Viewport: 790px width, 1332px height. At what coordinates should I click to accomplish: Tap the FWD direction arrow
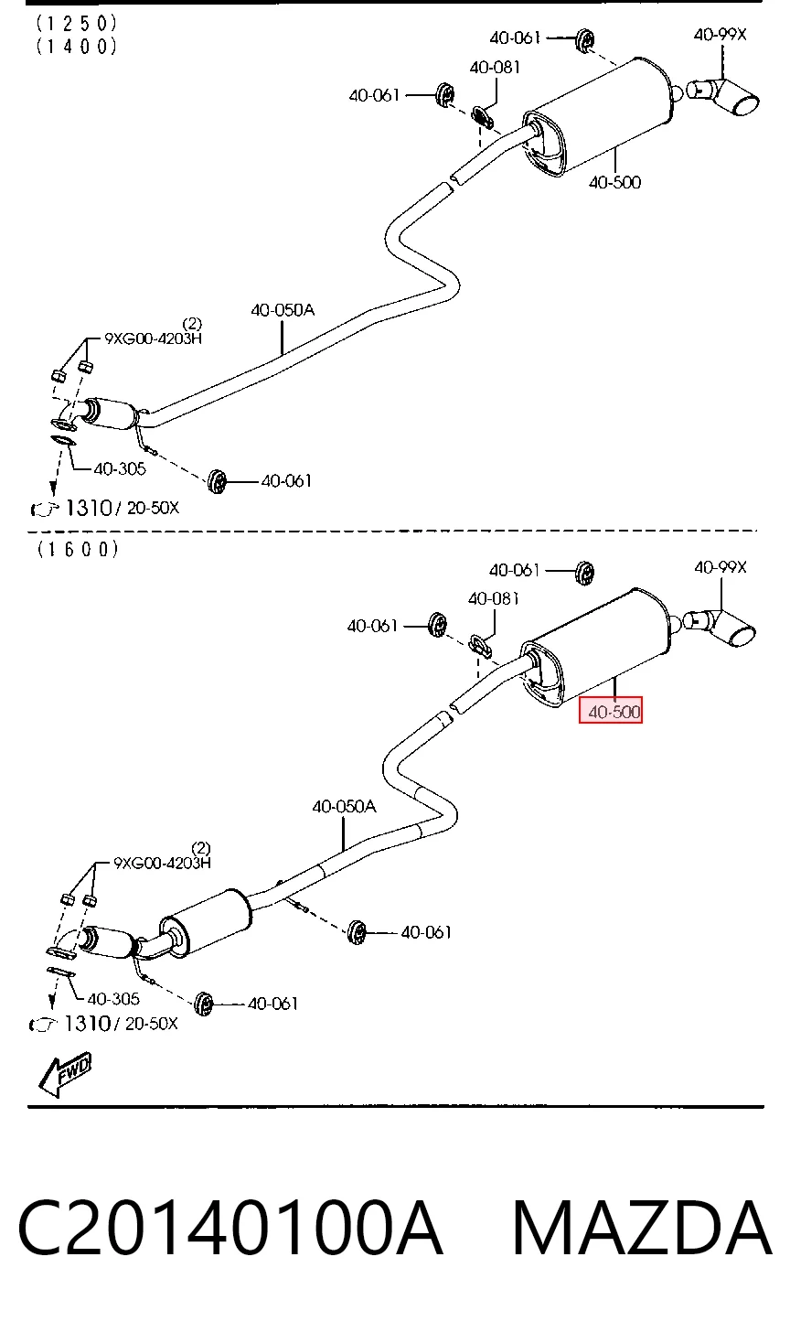coord(65,1075)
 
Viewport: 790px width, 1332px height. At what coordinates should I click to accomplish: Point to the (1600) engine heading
coord(78,549)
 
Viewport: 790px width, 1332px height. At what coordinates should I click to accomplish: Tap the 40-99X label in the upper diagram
coord(720,35)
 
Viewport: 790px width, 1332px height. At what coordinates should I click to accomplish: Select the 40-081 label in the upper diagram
coord(496,67)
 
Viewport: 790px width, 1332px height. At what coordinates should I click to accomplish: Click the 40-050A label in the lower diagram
coord(344,806)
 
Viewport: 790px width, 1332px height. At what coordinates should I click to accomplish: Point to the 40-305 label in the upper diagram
coord(120,468)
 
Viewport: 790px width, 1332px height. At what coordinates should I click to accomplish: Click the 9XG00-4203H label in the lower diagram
coord(162,862)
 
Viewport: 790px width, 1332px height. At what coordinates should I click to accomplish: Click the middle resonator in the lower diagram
coord(206,923)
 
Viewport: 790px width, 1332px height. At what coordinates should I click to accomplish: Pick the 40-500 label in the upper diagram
coord(614,182)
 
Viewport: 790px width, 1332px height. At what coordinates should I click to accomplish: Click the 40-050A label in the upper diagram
coord(283,310)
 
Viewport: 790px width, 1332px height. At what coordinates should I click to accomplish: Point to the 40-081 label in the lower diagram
coord(494,598)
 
